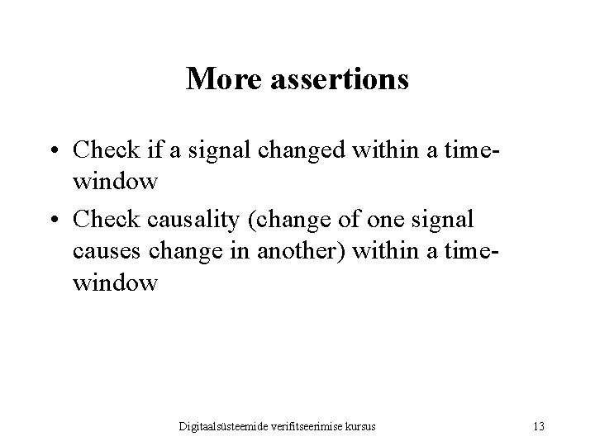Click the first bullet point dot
click(54, 151)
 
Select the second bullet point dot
click(54, 218)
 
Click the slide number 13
click(539, 426)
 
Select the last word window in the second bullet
click(115, 283)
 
